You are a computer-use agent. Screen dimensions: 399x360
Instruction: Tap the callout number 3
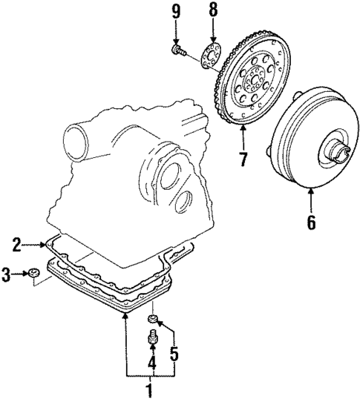coord(7,276)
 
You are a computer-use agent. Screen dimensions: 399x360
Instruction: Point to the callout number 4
coord(151,363)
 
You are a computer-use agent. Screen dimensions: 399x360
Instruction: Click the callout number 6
coord(311,220)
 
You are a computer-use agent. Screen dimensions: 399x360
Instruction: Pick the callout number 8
coord(213,10)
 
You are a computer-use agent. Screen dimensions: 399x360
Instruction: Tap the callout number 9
coord(176,10)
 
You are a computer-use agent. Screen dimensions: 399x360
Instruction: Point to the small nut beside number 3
coord(35,276)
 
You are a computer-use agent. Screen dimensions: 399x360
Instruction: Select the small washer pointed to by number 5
coord(153,320)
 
